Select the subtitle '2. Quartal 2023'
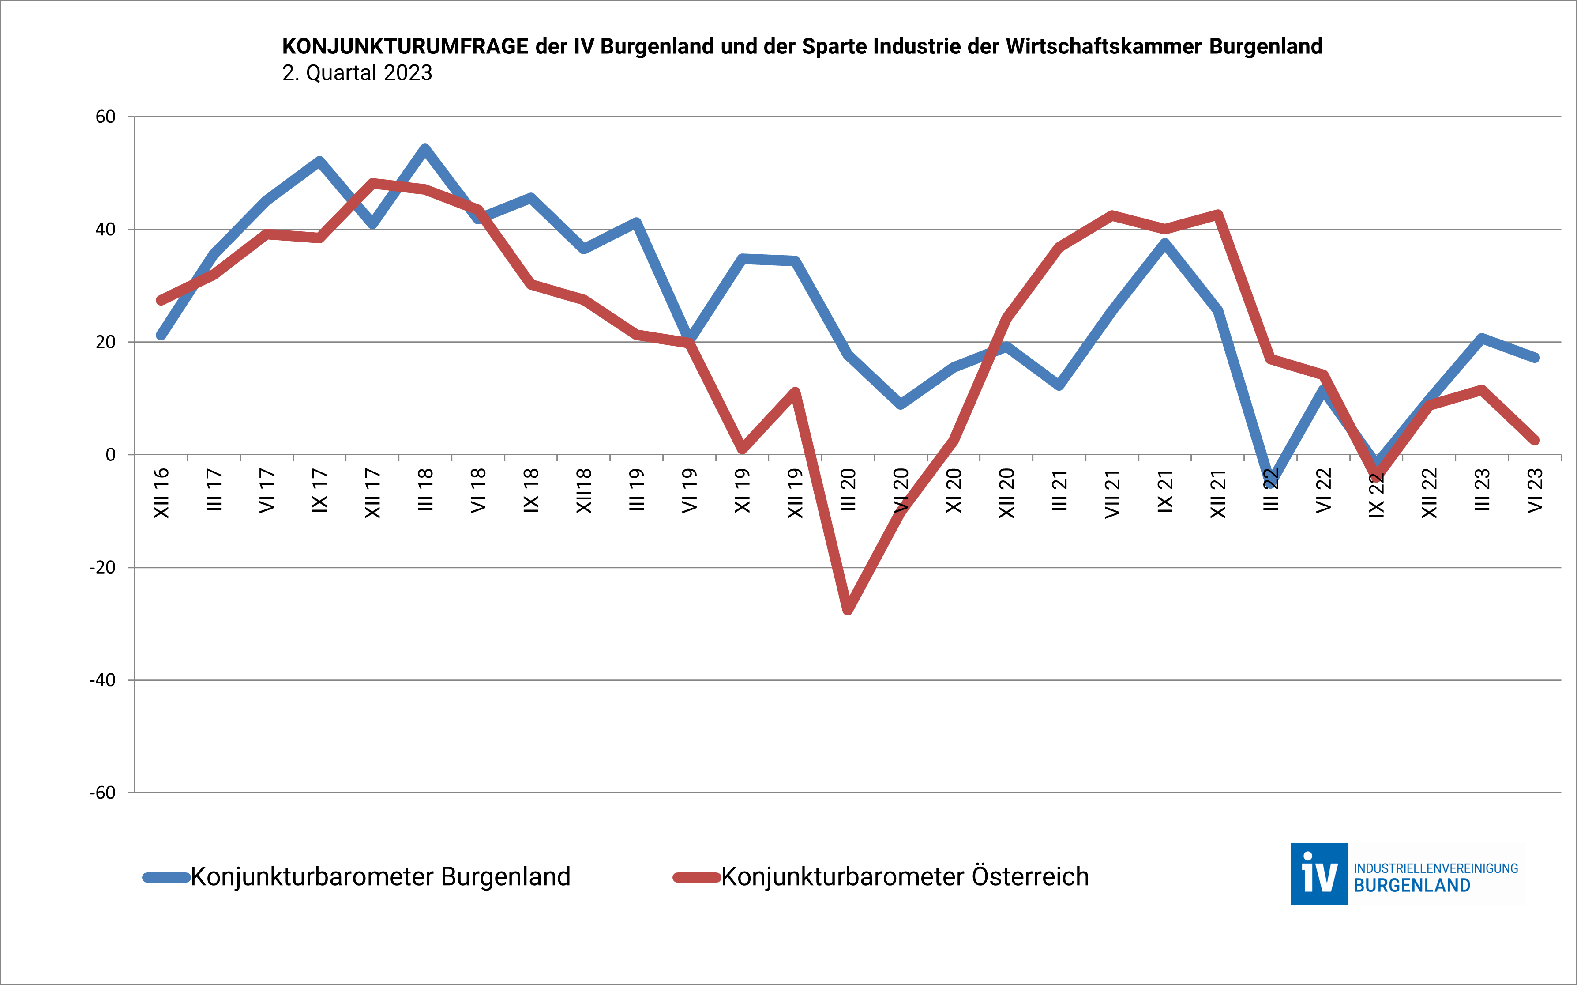[357, 73]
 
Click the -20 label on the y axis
[102, 567]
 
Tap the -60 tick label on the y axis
[102, 793]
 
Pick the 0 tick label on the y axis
[111, 455]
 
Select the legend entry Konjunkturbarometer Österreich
[905, 877]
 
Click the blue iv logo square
[1318, 874]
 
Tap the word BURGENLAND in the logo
[1412, 886]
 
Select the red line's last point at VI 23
[1535, 440]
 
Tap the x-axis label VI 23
[1535, 491]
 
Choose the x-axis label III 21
[1059, 491]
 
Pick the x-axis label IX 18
[531, 491]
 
